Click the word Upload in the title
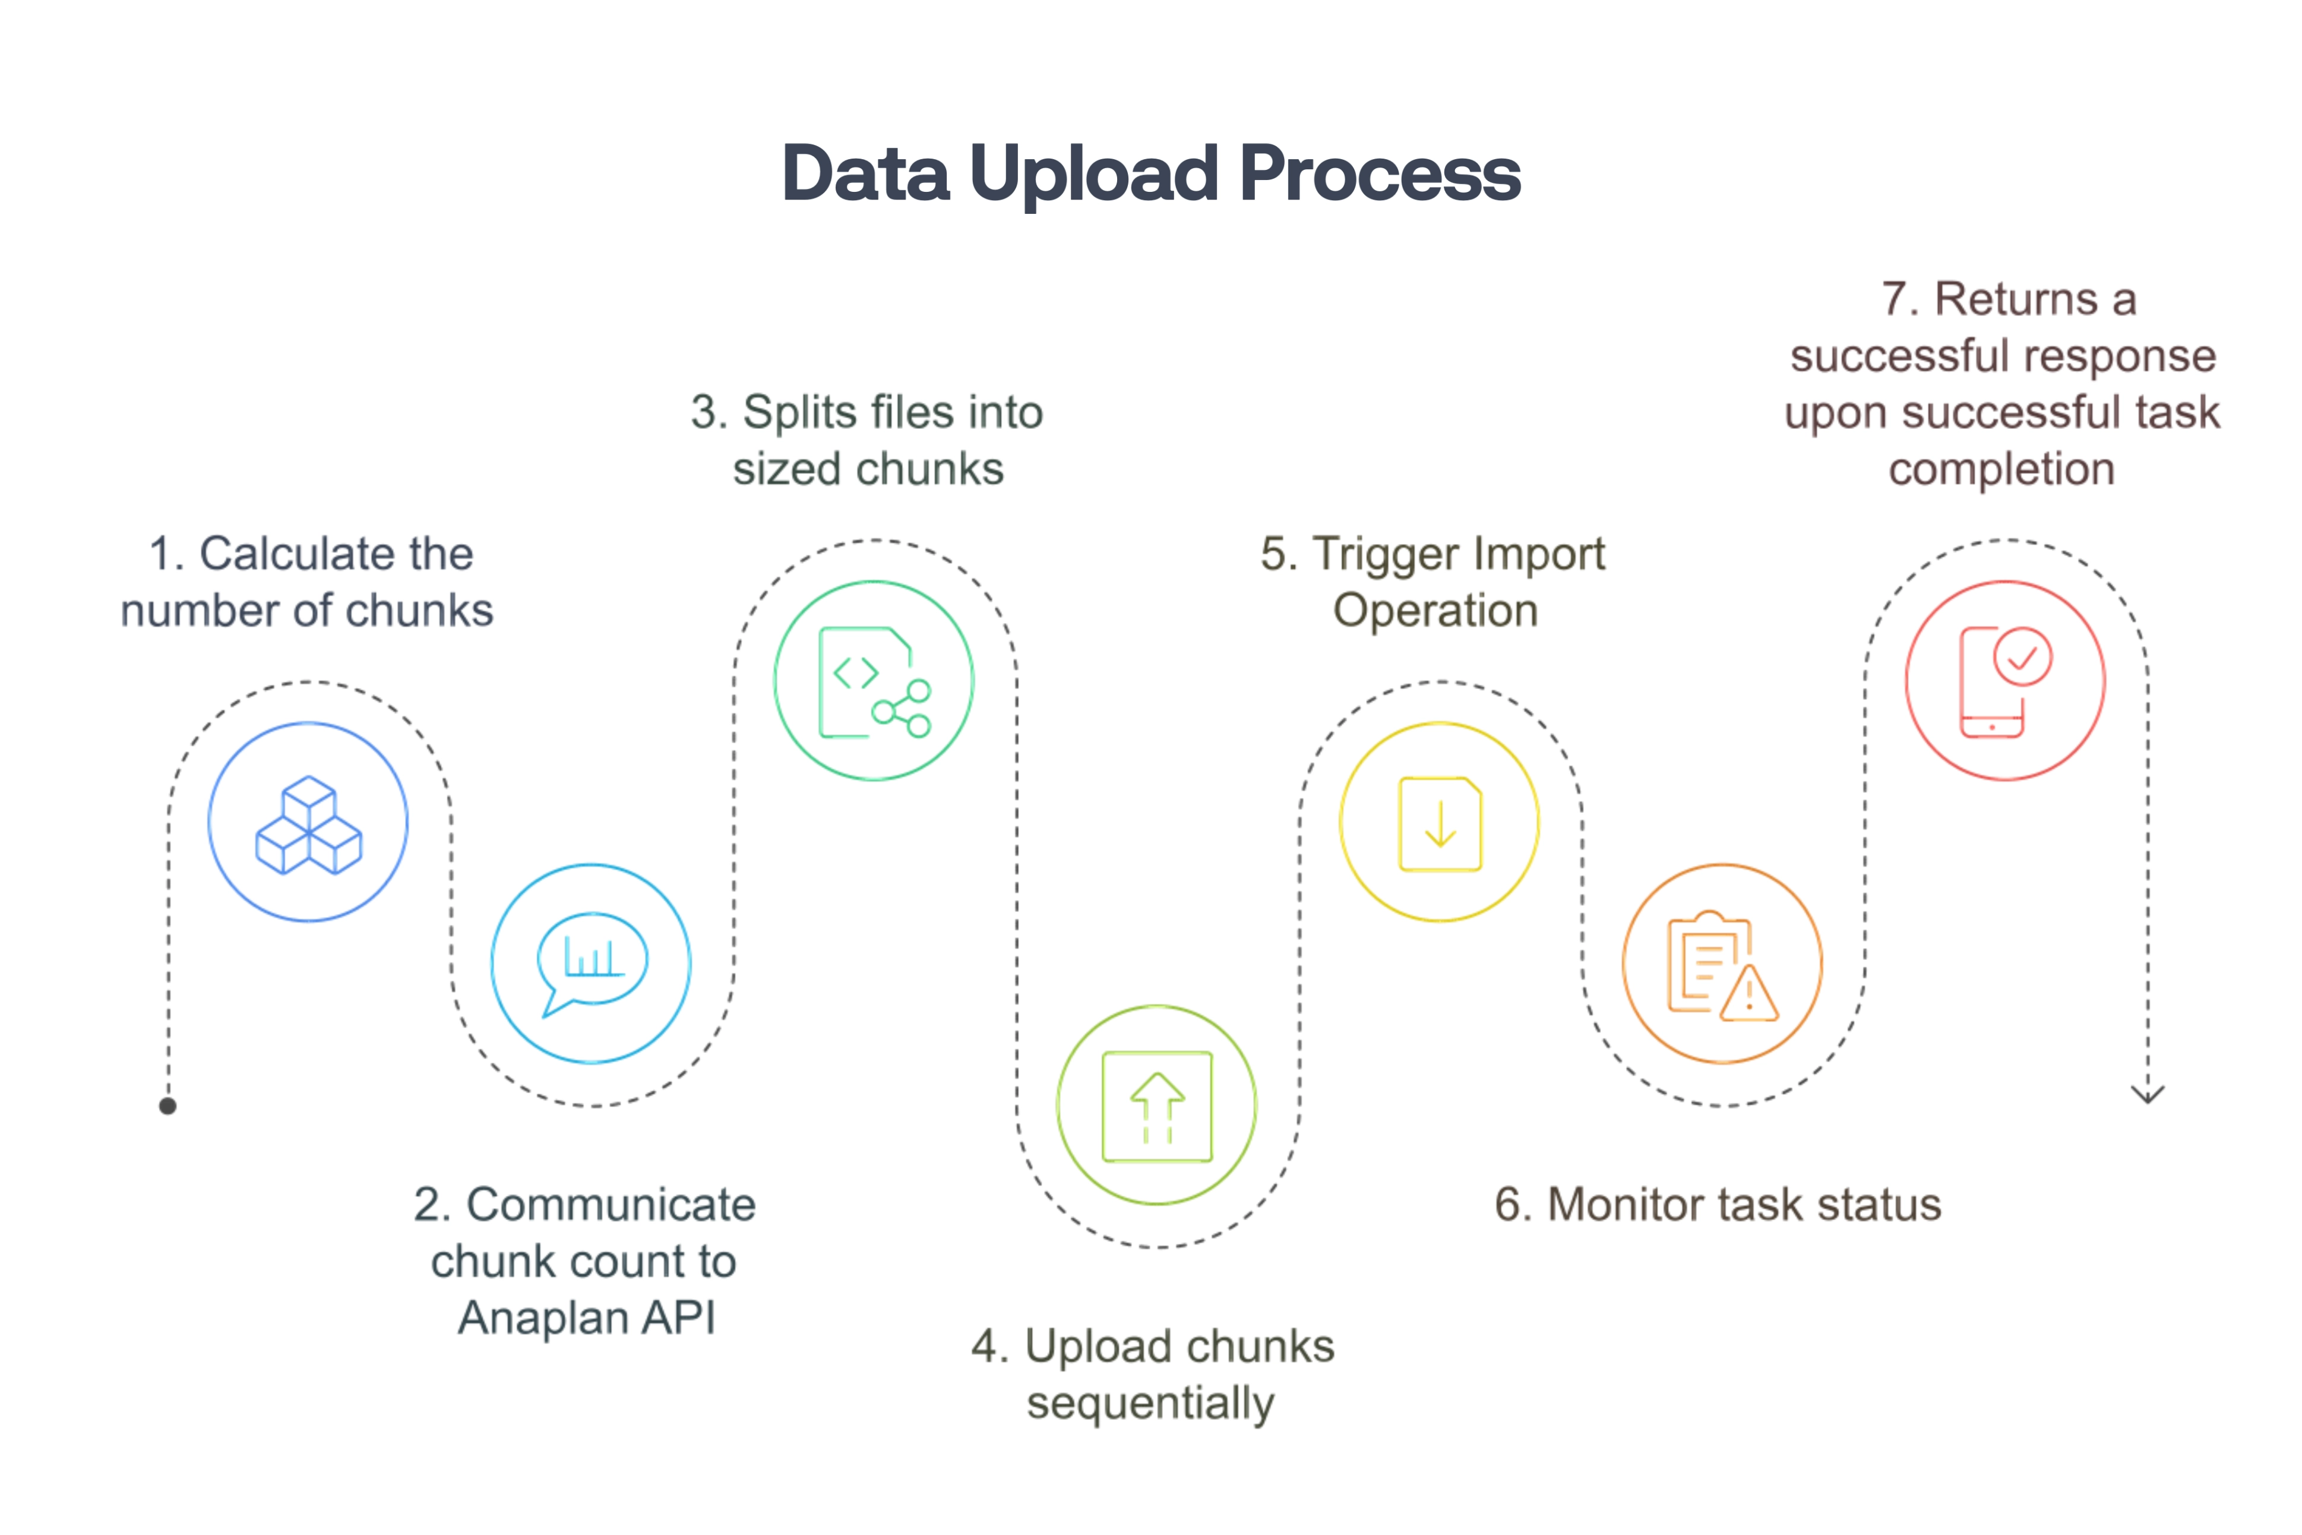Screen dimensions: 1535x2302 coord(1092,174)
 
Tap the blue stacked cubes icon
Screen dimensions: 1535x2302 coord(308,825)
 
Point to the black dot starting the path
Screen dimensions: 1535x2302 coord(167,1106)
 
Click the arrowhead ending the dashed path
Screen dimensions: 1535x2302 coord(2148,1094)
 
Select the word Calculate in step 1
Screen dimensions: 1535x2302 coord(337,554)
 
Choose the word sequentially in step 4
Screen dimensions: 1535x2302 coord(1150,1403)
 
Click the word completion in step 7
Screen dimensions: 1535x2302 coord(2001,469)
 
